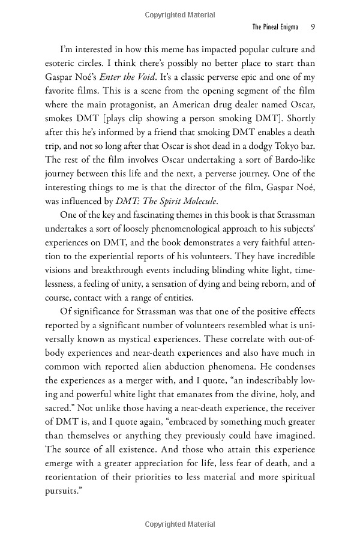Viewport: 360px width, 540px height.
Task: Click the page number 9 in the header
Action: (x=313, y=27)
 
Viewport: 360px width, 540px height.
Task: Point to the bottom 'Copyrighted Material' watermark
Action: (x=179, y=524)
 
